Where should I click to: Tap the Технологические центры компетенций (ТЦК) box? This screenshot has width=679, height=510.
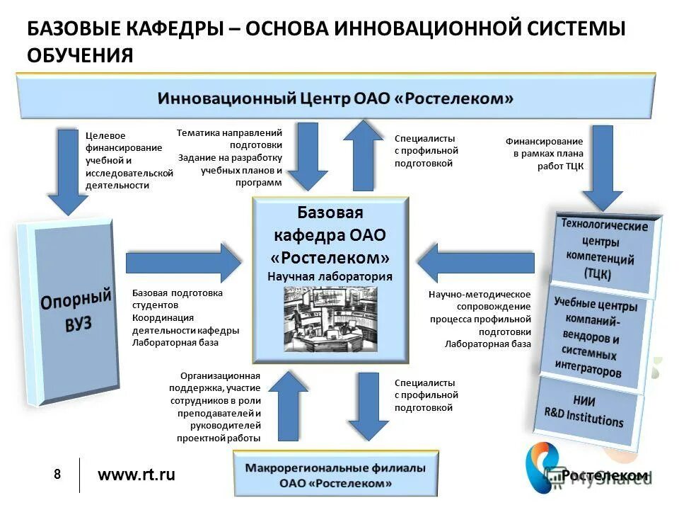click(605, 249)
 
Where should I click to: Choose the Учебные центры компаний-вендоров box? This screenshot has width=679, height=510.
click(594, 336)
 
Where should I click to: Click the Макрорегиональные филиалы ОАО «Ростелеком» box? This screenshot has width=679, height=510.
click(335, 475)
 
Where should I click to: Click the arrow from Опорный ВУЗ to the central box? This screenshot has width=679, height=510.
click(184, 263)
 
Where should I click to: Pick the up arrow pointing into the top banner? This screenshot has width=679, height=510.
click(363, 156)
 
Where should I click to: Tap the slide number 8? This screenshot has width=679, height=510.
click(57, 474)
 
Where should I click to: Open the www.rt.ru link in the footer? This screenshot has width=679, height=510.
click(136, 475)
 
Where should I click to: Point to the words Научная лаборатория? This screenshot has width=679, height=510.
click(330, 276)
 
